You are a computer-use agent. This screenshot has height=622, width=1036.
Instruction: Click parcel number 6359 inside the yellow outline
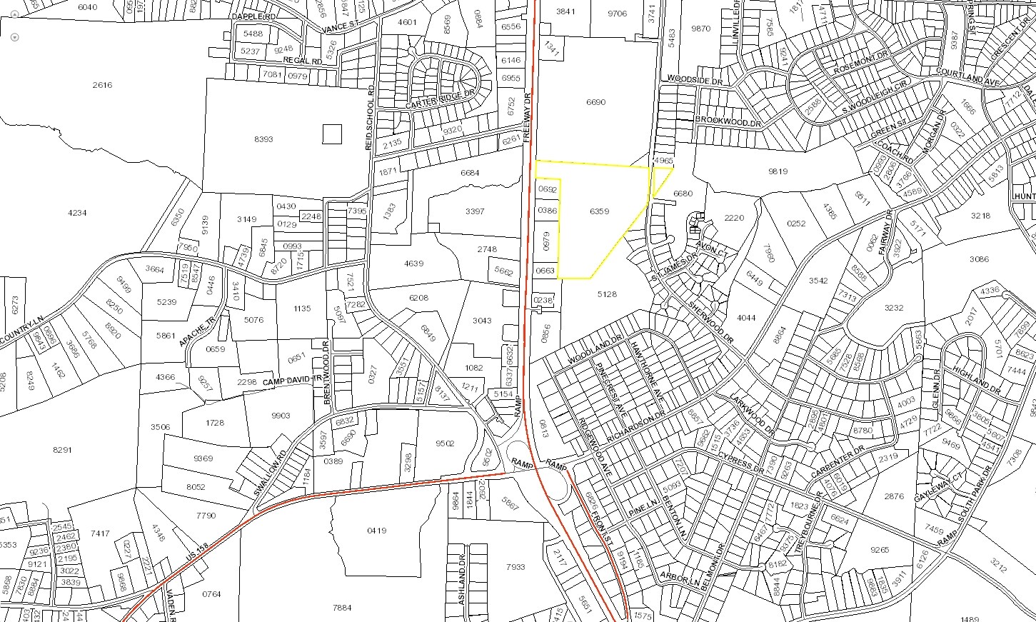[600, 211]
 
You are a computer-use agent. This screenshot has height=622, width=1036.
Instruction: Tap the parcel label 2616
[102, 85]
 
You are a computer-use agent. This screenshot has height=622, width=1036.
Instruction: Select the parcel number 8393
[263, 139]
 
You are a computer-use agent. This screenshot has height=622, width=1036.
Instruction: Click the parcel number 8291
[63, 450]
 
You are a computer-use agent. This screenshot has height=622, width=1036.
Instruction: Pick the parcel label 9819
[776, 171]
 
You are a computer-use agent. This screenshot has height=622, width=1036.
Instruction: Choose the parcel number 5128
[606, 294]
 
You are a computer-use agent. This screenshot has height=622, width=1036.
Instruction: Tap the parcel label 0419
[376, 530]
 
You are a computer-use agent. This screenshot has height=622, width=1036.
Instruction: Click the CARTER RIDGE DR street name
[440, 101]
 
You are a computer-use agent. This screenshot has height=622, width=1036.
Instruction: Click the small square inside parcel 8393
[332, 134]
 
